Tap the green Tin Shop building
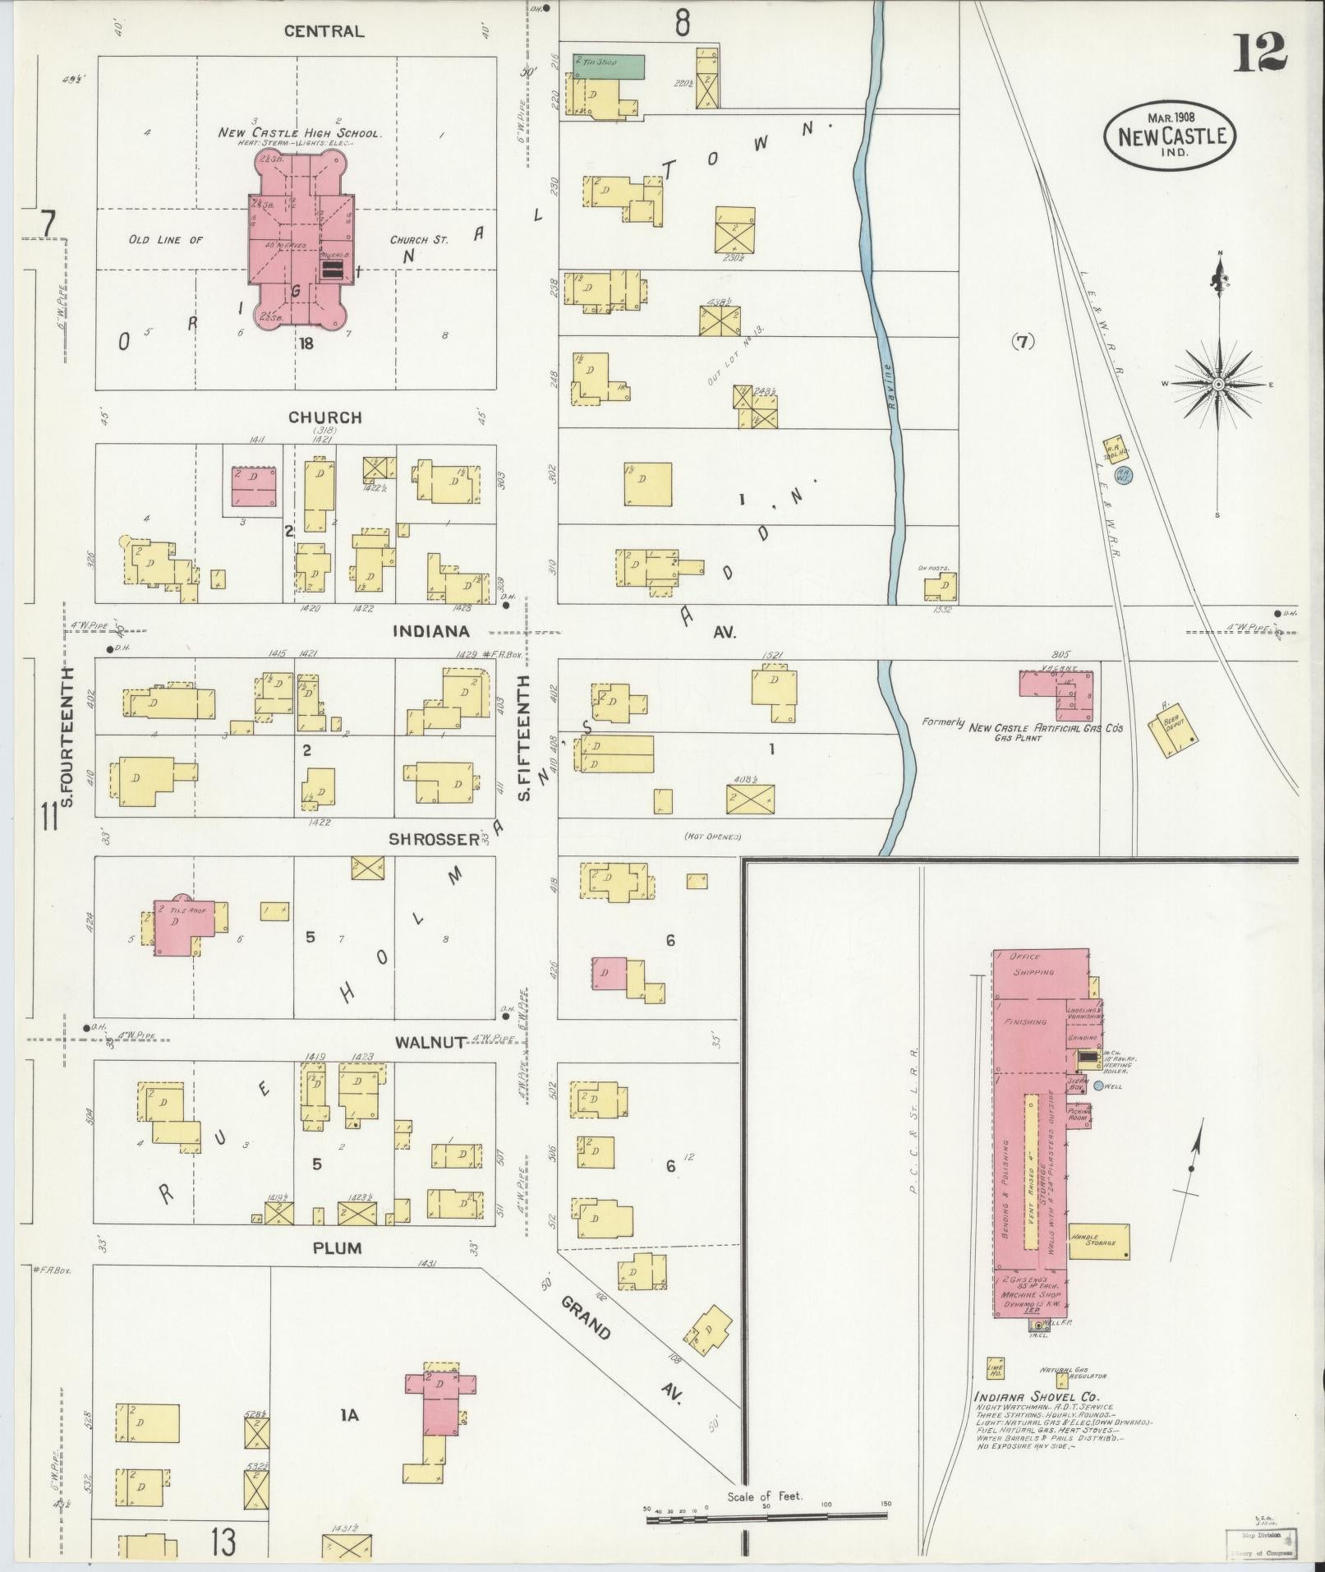(609, 65)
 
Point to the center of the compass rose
(1218, 384)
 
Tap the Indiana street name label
(430, 631)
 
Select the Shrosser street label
(434, 839)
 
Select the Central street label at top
(324, 31)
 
